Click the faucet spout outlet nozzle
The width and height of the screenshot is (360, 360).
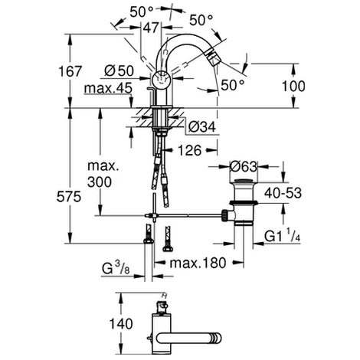220,61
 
